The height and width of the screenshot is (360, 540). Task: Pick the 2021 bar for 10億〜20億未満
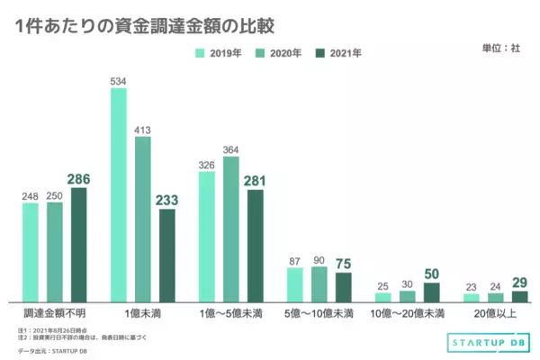coord(431,292)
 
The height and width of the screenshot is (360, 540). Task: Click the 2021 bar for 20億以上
coord(519,295)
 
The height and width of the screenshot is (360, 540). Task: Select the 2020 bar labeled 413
coord(144,219)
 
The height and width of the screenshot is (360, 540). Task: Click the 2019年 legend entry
coord(219,53)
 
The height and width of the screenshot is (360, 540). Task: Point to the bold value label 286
coord(79,179)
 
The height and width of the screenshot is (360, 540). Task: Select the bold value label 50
coord(432,274)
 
